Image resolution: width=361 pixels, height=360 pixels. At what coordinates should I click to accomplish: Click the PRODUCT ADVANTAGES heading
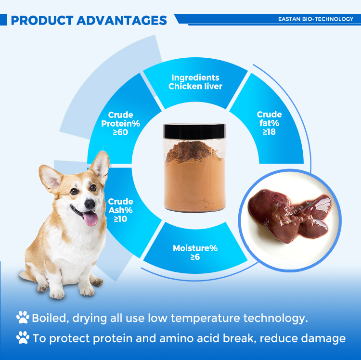pos(89,20)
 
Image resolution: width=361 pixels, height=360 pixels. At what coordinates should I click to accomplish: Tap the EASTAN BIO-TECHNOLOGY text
pos(315,19)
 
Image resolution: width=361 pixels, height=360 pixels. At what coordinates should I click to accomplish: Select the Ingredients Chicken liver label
pos(195,82)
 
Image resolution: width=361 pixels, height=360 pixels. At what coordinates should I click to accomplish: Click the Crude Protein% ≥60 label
pos(120,123)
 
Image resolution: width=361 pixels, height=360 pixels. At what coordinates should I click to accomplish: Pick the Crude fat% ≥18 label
pos(269,123)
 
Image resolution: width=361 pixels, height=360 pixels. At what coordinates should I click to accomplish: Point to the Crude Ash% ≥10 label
pos(120,210)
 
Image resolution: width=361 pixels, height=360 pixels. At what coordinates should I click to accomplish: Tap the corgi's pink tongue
pos(90,219)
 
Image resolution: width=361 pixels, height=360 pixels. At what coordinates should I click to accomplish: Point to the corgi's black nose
pos(90,204)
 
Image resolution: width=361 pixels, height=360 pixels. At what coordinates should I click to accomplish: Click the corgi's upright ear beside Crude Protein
pos(100,166)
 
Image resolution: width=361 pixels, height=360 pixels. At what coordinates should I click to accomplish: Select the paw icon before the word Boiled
pos(23,318)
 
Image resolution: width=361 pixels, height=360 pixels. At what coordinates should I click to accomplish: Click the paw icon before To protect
pos(23,338)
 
